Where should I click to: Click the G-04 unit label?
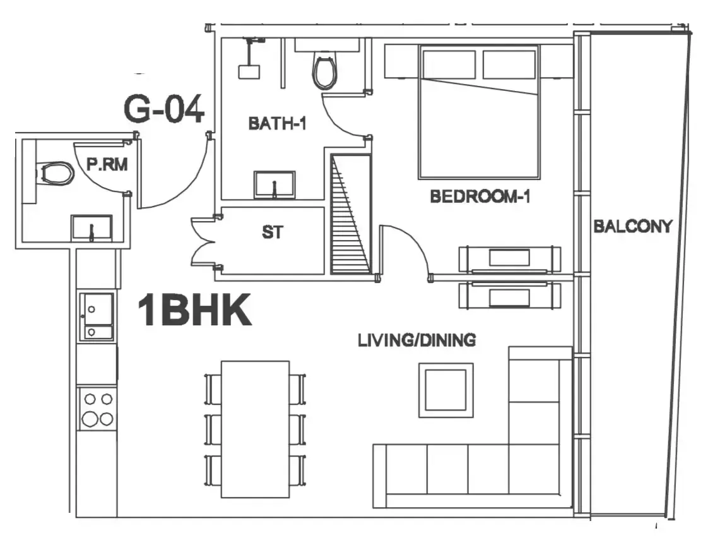164,109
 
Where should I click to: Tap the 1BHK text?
195,310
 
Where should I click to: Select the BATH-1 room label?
277,124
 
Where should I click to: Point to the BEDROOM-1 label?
480,197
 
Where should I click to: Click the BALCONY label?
632,226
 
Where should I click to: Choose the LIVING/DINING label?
417,340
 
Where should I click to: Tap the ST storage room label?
272,232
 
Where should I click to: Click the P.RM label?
107,164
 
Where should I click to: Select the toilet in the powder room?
56,173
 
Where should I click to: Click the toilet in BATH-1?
324,71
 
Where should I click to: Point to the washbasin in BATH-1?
275,185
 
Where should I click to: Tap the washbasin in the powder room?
92,227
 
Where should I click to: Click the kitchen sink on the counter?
96,317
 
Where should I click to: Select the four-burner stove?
97,409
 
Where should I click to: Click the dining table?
255,429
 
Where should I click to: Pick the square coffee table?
446,390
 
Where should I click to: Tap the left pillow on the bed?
449,64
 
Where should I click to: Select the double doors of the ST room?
203,242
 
